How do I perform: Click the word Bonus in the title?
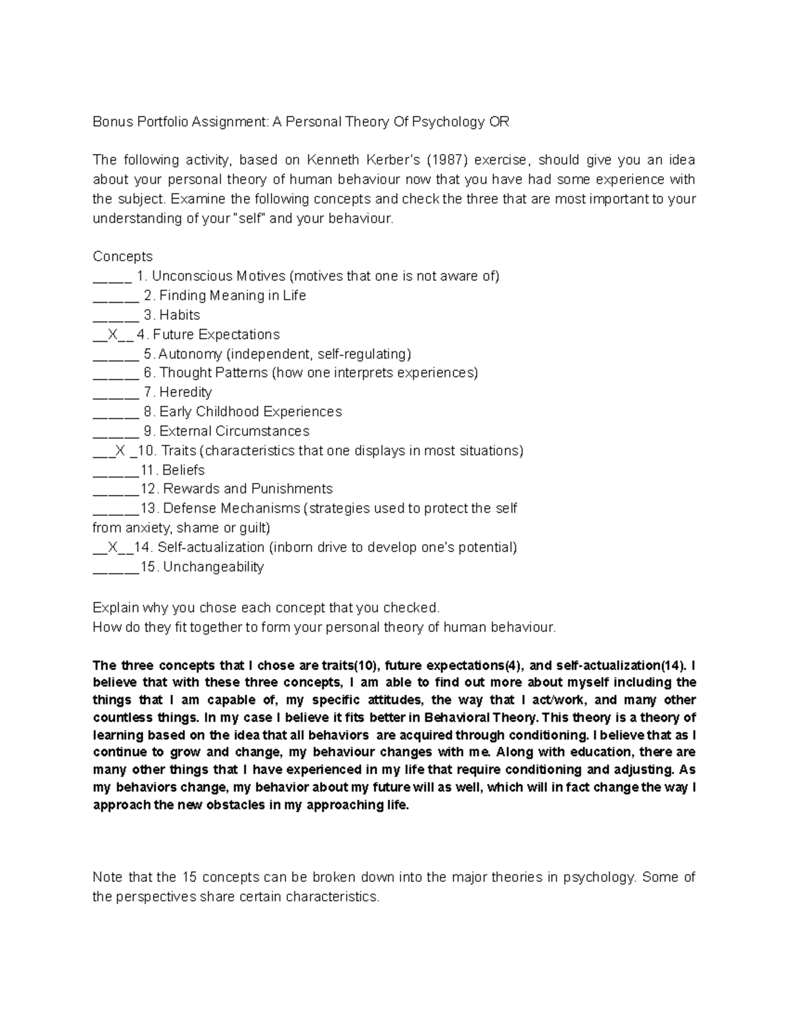[x=112, y=122]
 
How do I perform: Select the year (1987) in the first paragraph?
[x=447, y=160]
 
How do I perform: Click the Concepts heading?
[x=122, y=257]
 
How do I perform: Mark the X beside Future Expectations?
[x=113, y=334]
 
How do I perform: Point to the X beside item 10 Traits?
[x=119, y=451]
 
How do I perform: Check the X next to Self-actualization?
[x=113, y=548]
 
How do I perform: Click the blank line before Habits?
[x=115, y=317]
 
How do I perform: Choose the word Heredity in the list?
[x=186, y=392]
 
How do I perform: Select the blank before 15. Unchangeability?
[x=115, y=569]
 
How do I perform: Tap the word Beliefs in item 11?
[x=183, y=471]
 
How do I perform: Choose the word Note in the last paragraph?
[x=108, y=877]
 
